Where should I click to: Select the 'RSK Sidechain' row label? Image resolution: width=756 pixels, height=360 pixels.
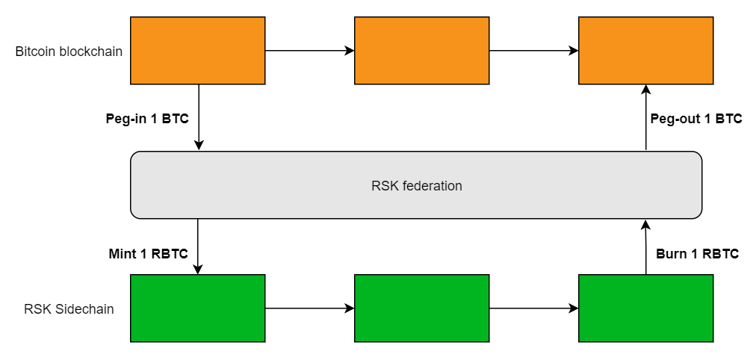69,308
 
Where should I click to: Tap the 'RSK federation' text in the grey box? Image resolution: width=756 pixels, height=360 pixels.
416,186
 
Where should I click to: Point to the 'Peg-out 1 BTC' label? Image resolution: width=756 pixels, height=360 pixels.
696,119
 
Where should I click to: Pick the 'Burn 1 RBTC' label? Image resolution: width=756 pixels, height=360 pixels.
697,253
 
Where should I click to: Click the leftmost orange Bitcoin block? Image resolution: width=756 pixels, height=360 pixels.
198,51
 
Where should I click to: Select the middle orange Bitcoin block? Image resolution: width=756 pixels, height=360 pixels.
421,51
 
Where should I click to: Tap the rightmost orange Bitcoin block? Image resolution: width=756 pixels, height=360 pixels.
645,51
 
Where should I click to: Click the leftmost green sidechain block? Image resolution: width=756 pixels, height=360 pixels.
198,308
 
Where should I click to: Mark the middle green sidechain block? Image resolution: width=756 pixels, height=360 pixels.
421,308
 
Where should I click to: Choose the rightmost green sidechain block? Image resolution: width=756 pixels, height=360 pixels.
645,308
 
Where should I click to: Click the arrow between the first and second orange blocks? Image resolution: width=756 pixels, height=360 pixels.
309,51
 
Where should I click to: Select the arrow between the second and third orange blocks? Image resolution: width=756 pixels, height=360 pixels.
533,51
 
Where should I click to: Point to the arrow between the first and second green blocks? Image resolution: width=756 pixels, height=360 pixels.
309,308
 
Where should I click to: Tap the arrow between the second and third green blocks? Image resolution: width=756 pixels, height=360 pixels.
533,308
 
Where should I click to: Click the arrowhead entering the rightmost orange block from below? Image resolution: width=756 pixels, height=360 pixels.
645,89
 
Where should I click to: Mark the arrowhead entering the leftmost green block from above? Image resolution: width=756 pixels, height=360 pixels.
198,270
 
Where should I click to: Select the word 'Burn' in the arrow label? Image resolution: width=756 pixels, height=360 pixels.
671,253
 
